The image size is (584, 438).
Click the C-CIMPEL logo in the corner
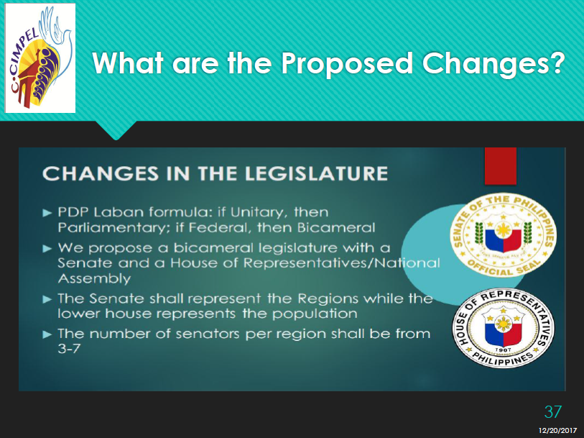point(40,58)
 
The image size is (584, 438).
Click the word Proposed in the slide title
point(347,63)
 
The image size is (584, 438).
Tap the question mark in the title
point(557,62)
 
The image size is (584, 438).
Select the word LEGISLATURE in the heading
point(294,174)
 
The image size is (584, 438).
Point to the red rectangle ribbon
point(500,166)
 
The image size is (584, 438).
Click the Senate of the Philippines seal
point(504,235)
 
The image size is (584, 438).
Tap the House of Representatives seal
point(504,328)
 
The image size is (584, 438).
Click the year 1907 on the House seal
point(503,350)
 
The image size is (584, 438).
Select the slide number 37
point(552,412)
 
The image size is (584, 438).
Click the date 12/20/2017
point(557,431)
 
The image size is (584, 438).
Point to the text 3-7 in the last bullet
point(69,348)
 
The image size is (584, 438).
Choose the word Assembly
point(95,279)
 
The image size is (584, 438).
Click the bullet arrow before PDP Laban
point(47,213)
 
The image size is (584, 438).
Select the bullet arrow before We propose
point(47,249)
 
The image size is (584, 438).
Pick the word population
point(315,314)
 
